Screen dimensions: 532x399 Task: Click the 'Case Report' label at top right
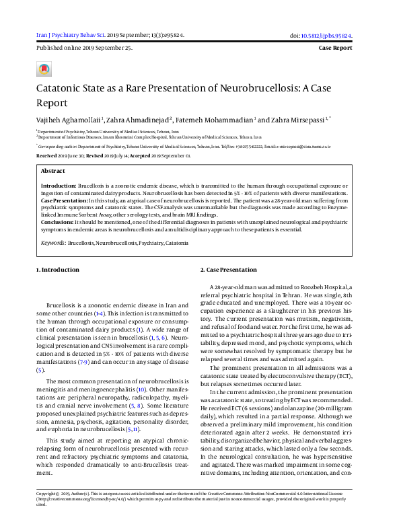[334, 48]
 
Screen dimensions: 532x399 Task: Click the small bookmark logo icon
[44, 69]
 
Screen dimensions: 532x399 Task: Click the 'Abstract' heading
[53, 172]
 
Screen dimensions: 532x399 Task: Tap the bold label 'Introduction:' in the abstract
[59, 184]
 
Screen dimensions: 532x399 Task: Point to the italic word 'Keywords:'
[53, 242]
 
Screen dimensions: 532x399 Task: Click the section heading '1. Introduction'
[57, 270]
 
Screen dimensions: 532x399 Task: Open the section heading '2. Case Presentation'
[229, 270]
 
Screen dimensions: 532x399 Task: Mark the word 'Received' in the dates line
[46, 155]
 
